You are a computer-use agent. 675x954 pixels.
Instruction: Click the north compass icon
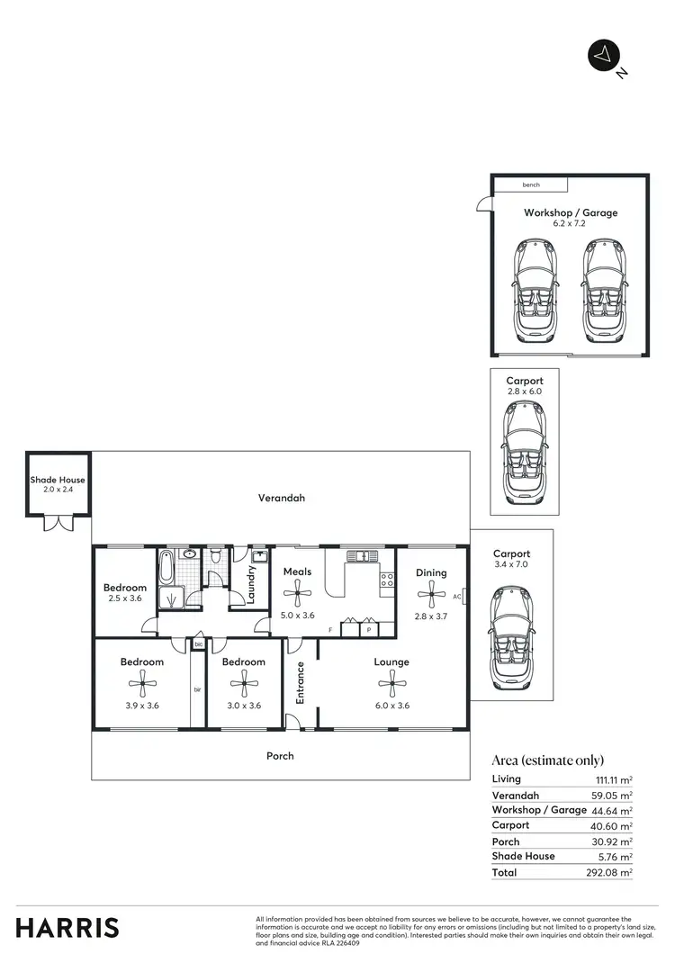pyautogui.click(x=600, y=55)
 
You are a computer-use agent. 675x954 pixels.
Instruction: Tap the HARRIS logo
pyautogui.click(x=67, y=927)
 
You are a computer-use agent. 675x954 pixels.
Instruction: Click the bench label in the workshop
pyautogui.click(x=531, y=185)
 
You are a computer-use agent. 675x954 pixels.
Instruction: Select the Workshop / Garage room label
pyautogui.click(x=571, y=213)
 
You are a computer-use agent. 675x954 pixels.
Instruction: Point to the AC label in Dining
pyautogui.click(x=457, y=596)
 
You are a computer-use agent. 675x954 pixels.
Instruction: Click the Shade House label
pyautogui.click(x=57, y=481)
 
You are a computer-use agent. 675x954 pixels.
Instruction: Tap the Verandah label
pyautogui.click(x=280, y=497)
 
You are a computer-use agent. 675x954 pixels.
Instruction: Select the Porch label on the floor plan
pyautogui.click(x=280, y=756)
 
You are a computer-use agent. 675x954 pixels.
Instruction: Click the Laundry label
pyautogui.click(x=252, y=582)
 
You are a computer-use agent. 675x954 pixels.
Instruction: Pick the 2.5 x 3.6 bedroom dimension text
pyautogui.click(x=122, y=598)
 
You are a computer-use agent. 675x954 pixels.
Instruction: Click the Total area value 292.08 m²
pyautogui.click(x=612, y=873)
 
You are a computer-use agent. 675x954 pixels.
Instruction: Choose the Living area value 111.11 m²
pyautogui.click(x=613, y=779)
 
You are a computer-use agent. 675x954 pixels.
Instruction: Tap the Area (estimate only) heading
pyautogui.click(x=547, y=760)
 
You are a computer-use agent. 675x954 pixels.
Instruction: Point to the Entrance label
pyautogui.click(x=301, y=683)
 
